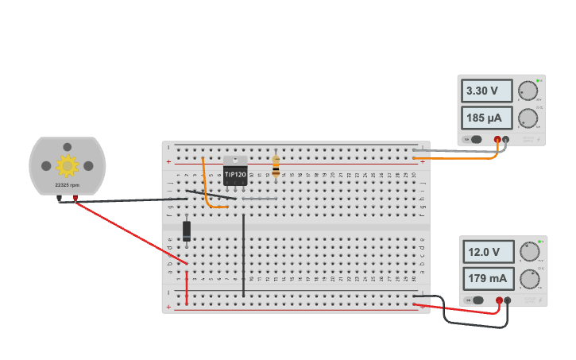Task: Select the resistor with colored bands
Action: (x=276, y=165)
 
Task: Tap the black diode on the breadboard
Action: (x=187, y=230)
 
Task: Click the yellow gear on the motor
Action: (x=68, y=165)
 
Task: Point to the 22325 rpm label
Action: (x=67, y=185)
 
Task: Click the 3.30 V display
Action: (x=487, y=91)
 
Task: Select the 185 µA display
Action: (x=487, y=118)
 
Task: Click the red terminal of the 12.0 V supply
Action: (x=499, y=300)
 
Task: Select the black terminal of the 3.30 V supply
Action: (x=505, y=140)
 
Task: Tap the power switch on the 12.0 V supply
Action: (x=476, y=300)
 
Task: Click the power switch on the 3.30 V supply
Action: (x=474, y=140)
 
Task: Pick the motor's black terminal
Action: (x=60, y=199)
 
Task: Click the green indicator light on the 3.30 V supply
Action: (x=538, y=80)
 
